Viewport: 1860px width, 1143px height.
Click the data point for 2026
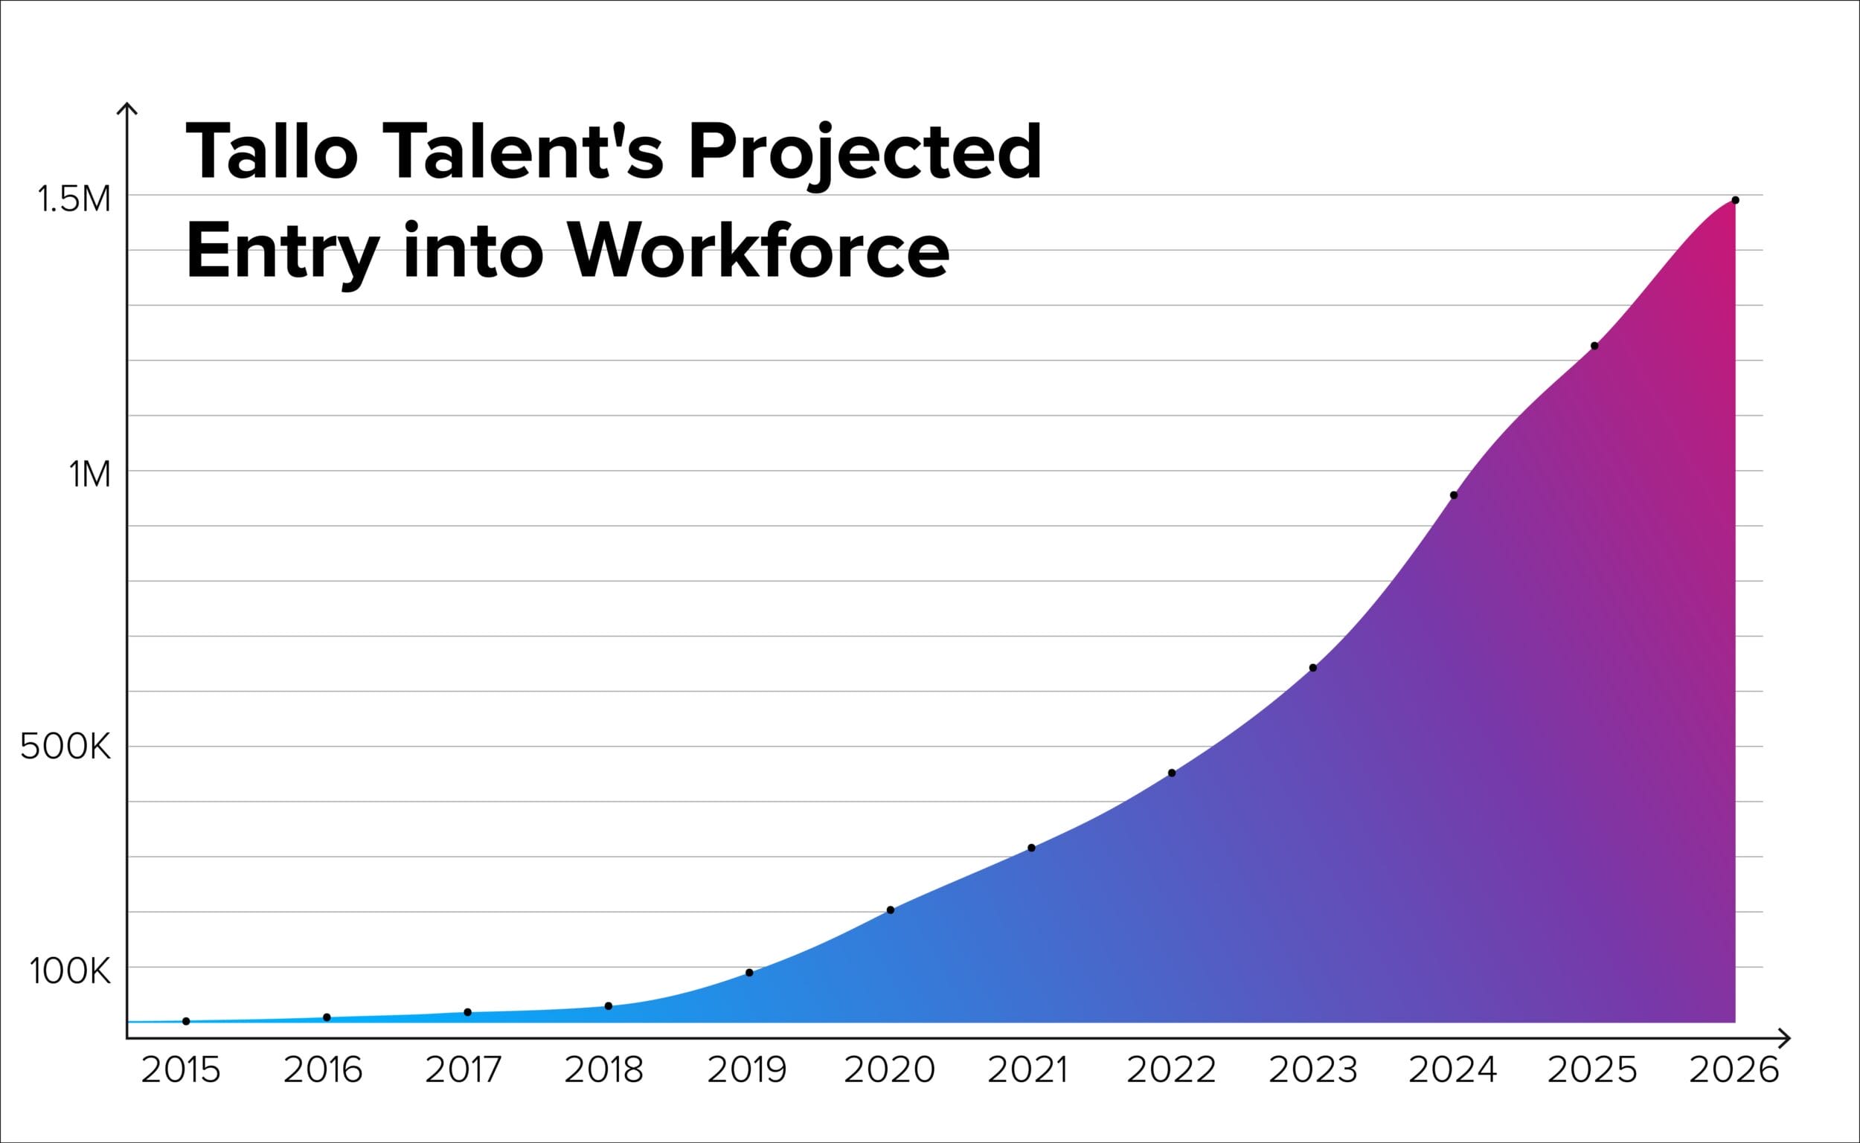pyautogui.click(x=1735, y=200)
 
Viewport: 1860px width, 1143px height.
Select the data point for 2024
pyautogui.click(x=1453, y=495)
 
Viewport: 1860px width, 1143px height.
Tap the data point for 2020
pyautogui.click(x=890, y=909)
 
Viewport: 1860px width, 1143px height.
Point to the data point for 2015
pyautogui.click(x=186, y=1021)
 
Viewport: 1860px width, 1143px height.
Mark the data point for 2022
pyautogui.click(x=1172, y=773)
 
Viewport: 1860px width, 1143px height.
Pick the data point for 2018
pyautogui.click(x=609, y=1005)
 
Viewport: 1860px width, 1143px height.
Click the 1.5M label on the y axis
pyautogui.click(x=74, y=200)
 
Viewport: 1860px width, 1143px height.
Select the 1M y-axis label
pyautogui.click(x=90, y=475)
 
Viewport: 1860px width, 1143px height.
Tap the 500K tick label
pyautogui.click(x=65, y=747)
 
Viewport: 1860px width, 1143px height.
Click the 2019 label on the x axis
pyautogui.click(x=747, y=1070)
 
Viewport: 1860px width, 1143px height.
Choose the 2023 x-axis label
pyautogui.click(x=1312, y=1070)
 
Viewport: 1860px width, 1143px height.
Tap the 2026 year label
pyautogui.click(x=1734, y=1070)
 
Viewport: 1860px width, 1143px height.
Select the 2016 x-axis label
pyautogui.click(x=323, y=1070)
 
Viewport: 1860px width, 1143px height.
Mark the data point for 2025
pyautogui.click(x=1594, y=346)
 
